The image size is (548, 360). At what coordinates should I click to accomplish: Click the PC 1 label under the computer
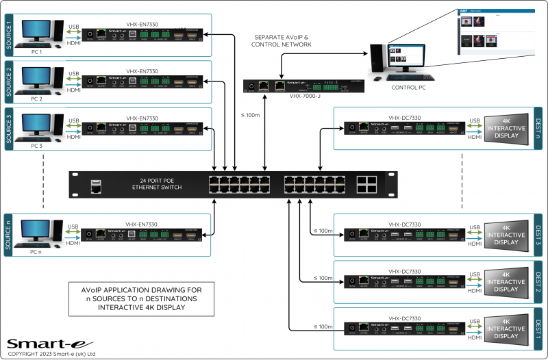point(36,52)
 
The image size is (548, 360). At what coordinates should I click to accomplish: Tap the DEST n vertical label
point(539,128)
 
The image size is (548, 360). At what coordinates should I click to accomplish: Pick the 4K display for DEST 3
point(506,234)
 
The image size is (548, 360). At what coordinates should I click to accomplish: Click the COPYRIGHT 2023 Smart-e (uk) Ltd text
point(51,354)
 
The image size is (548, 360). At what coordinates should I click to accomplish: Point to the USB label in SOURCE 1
point(74,27)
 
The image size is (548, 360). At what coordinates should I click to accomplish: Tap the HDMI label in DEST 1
point(474,337)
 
